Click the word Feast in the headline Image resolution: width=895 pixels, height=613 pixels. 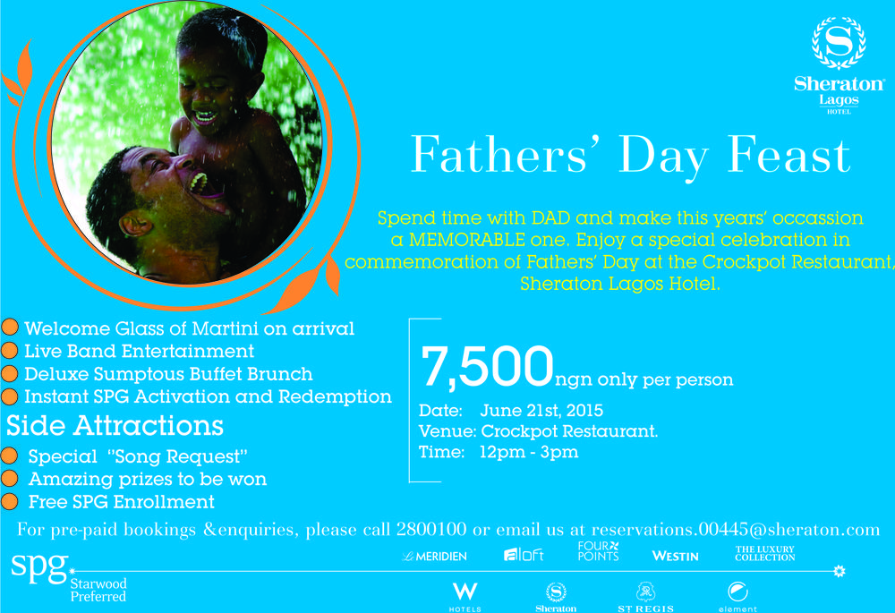[x=788, y=154]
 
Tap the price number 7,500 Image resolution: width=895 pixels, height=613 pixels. [x=487, y=367]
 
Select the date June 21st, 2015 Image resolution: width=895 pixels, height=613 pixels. [x=541, y=411]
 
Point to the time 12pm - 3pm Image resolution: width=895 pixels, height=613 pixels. [x=529, y=452]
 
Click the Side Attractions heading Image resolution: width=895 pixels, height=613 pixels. [x=115, y=426]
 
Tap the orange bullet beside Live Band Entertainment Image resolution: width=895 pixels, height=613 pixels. [x=10, y=351]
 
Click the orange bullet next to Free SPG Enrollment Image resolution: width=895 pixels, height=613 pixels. [x=10, y=501]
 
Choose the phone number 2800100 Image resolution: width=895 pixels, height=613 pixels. [x=431, y=529]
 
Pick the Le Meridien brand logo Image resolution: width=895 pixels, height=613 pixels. [x=434, y=556]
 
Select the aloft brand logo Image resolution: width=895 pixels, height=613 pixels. [x=524, y=554]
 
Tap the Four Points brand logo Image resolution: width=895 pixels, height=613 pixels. [x=598, y=551]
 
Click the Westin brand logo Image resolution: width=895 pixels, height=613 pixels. [x=675, y=556]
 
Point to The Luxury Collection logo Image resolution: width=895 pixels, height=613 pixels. [x=765, y=553]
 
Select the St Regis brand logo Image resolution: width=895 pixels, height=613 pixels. [x=645, y=598]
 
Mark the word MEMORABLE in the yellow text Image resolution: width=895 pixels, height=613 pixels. [x=467, y=240]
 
